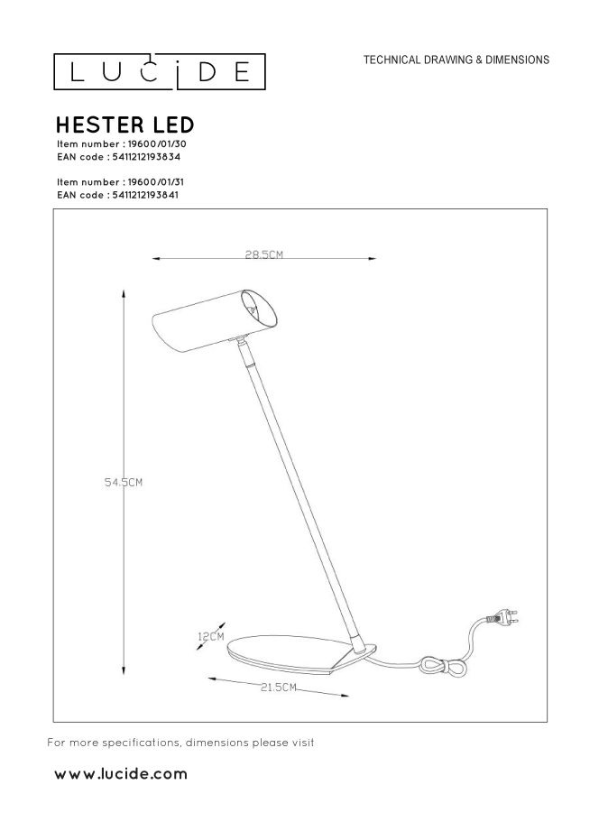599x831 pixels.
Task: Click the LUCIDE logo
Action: click(x=158, y=71)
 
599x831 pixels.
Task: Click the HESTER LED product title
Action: click(x=124, y=124)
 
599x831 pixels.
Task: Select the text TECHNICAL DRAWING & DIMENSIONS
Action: click(x=456, y=60)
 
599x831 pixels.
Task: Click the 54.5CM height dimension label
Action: click(x=124, y=483)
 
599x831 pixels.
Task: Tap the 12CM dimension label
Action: click(x=210, y=637)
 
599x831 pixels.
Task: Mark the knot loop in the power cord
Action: click(x=444, y=668)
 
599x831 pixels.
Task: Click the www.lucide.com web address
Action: click(x=121, y=773)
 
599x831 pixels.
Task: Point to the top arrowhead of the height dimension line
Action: click(x=124, y=292)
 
